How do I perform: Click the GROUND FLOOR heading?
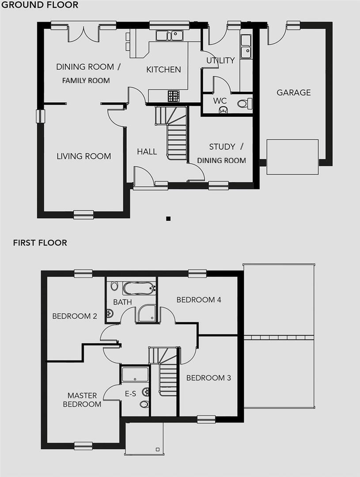click(39, 5)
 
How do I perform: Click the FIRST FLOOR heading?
click(40, 242)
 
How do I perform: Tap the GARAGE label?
click(294, 92)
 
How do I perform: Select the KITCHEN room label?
click(163, 69)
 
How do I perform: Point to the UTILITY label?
click(220, 61)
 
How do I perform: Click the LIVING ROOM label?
click(84, 156)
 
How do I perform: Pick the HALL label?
click(147, 151)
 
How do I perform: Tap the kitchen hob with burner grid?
click(174, 96)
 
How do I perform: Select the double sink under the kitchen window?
click(170, 34)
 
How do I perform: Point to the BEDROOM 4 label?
click(199, 300)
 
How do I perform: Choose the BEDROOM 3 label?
click(208, 378)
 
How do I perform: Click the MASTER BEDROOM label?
click(82, 400)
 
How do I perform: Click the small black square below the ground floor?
click(168, 218)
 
